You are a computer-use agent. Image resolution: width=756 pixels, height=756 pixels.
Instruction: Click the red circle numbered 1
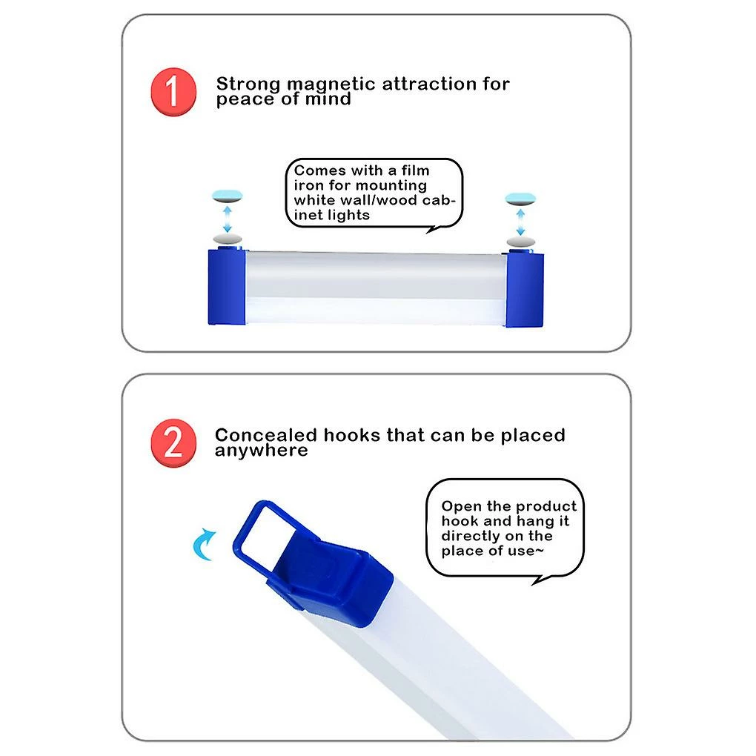coord(173,92)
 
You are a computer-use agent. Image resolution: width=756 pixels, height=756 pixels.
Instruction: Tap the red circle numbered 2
coord(173,442)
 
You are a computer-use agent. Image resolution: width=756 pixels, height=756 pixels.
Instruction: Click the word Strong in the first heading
coord(248,84)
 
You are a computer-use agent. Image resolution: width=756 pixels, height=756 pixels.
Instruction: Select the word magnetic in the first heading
coord(331,84)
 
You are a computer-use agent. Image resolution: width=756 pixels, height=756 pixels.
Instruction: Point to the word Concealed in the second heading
coord(265,435)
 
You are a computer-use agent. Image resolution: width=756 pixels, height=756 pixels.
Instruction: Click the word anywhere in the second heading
coord(262,451)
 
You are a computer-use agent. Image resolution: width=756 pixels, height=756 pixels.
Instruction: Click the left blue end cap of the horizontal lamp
coord(227,286)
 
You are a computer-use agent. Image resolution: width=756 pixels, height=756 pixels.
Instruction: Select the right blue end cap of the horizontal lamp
coord(525,289)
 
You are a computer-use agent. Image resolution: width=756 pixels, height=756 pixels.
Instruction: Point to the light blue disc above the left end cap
coord(227,196)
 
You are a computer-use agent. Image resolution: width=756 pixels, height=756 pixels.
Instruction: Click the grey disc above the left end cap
coord(227,239)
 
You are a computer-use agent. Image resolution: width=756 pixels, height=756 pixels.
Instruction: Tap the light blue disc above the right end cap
coord(520,199)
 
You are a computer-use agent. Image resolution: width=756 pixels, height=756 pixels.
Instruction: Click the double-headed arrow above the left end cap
coord(227,219)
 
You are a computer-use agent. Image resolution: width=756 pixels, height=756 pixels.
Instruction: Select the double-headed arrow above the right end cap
coord(521,222)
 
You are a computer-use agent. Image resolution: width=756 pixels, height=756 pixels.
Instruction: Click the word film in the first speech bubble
coord(415,170)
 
